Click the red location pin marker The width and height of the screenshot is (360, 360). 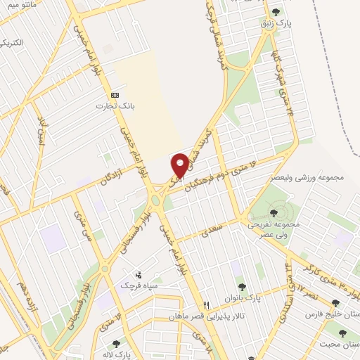point(181,165)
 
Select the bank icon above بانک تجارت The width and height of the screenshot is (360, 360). point(115,95)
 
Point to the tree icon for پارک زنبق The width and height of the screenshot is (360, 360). point(275,11)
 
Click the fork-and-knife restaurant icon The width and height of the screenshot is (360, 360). point(207,306)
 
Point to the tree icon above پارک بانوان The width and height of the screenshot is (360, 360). point(243,286)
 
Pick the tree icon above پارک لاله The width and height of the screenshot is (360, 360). point(115,343)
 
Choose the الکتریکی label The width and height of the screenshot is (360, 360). point(13,43)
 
